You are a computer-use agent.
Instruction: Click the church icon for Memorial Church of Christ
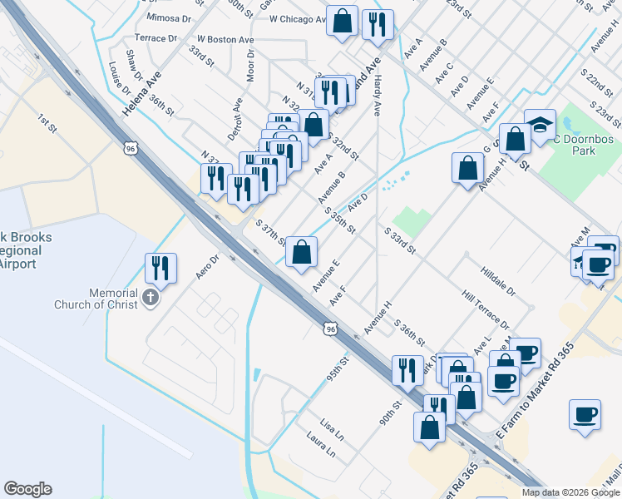click(150, 298)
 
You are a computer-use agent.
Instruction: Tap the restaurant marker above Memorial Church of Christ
click(160, 268)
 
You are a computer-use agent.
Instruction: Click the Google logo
click(27, 489)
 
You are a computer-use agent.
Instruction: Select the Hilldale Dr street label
click(498, 280)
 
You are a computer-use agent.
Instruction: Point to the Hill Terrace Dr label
click(486, 309)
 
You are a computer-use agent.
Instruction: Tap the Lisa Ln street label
click(331, 428)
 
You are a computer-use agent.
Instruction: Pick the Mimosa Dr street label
click(168, 17)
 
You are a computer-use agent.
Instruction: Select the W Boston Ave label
click(225, 39)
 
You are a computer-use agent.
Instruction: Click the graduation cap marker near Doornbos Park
click(541, 125)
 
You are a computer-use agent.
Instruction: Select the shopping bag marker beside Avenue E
click(301, 251)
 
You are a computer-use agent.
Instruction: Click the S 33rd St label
click(400, 240)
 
